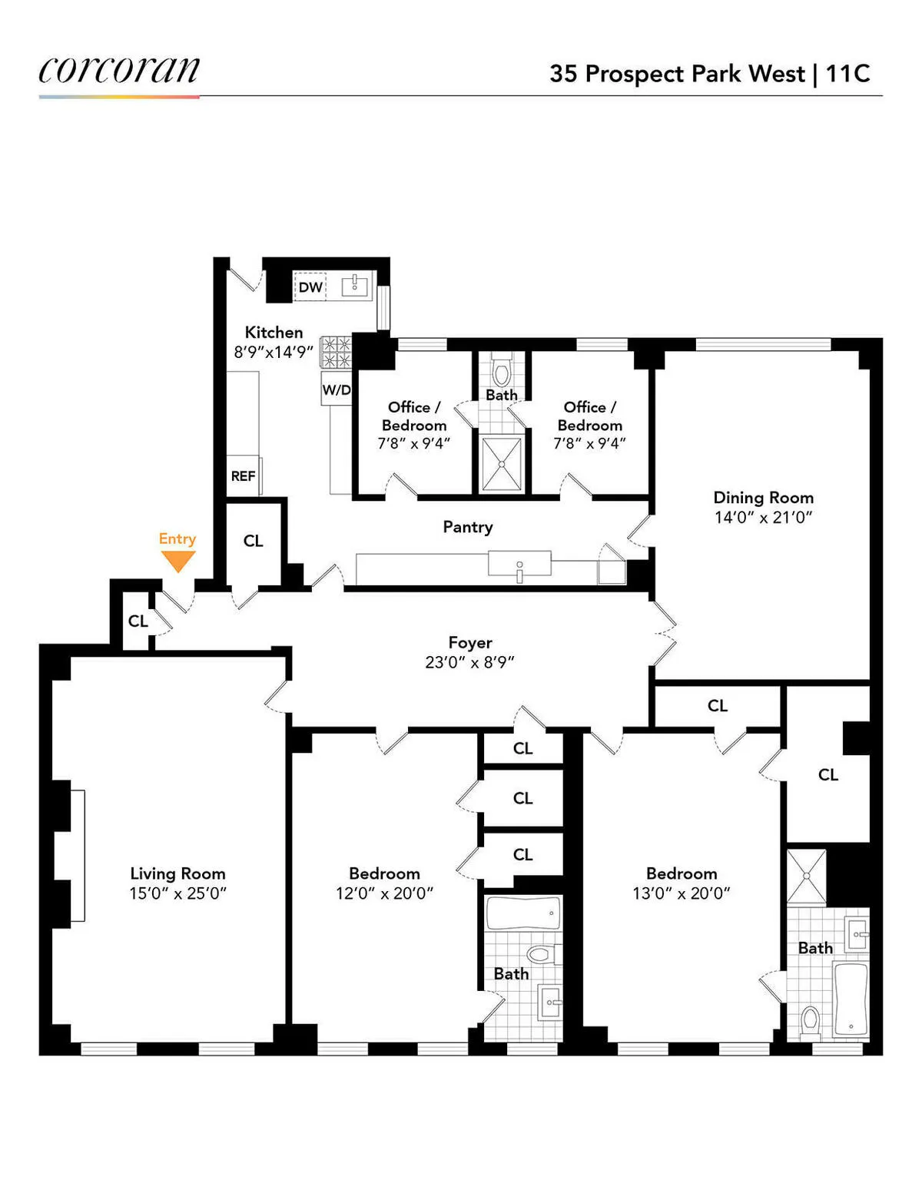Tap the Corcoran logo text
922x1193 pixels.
(119, 70)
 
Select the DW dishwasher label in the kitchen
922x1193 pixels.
(310, 287)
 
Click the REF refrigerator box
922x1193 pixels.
(244, 476)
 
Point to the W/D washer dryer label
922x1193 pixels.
(336, 389)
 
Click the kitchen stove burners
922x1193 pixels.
(336, 353)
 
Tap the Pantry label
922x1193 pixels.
(467, 527)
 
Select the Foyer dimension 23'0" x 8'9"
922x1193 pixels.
(469, 662)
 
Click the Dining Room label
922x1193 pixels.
(763, 498)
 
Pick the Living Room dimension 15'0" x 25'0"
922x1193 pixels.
(177, 893)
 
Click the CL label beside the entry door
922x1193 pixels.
(138, 621)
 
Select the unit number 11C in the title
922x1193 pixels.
(847, 74)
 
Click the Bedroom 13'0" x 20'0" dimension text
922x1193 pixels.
(681, 893)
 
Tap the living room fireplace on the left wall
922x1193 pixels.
(77, 855)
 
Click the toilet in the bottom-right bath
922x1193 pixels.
(810, 1022)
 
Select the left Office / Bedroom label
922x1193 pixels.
(413, 416)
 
